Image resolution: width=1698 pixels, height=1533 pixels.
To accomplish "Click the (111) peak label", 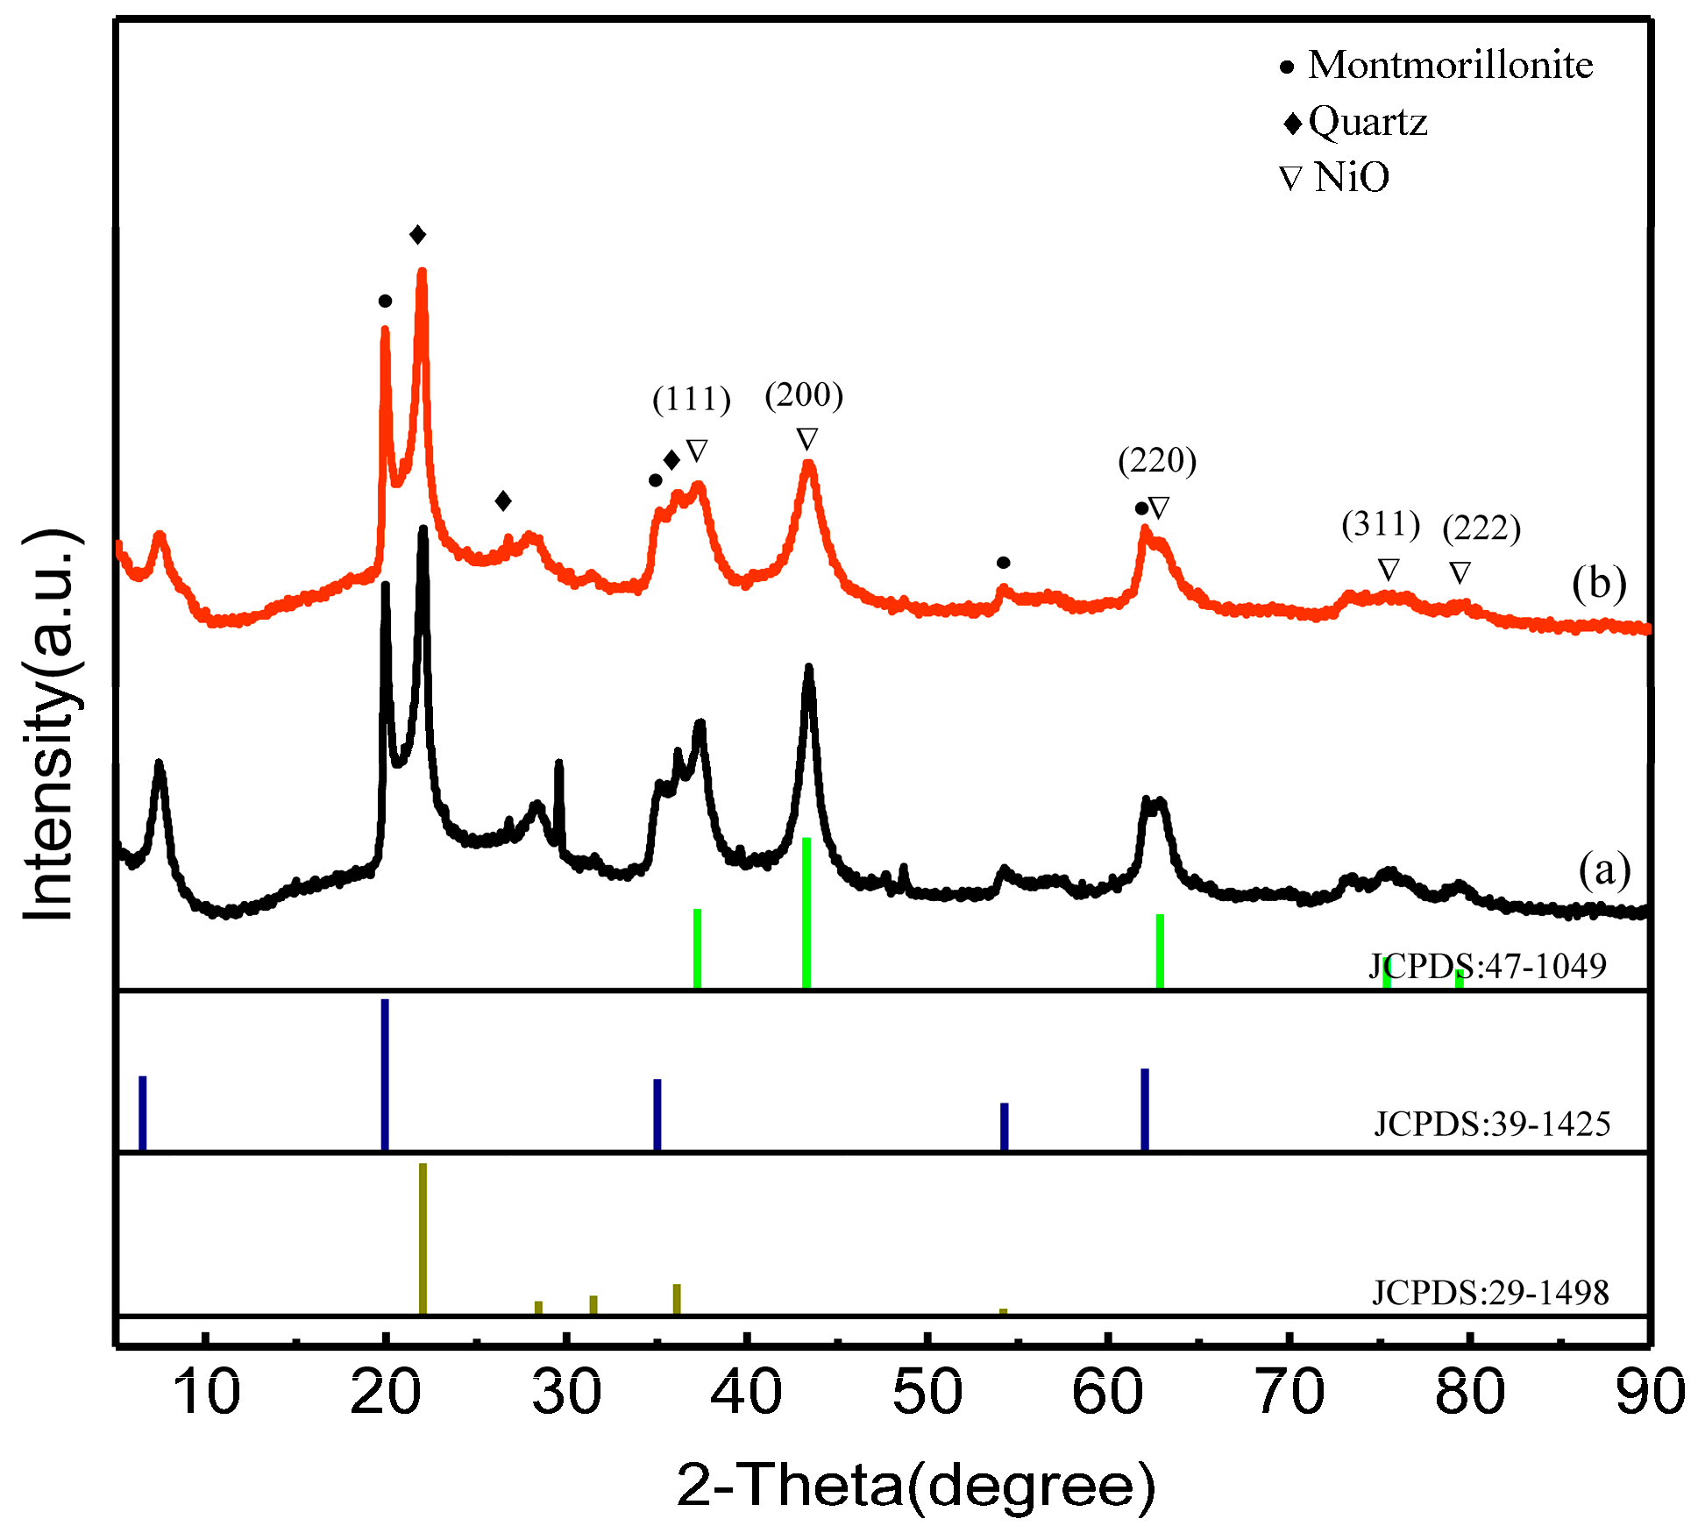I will click(x=692, y=400).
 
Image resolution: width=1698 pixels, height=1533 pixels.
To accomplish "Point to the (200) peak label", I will click(x=804, y=395).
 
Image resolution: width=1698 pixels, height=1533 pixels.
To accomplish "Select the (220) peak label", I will click(x=1157, y=460).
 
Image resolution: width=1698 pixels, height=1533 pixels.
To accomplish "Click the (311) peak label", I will click(x=1381, y=524).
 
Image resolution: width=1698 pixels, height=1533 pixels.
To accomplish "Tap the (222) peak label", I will click(x=1481, y=529).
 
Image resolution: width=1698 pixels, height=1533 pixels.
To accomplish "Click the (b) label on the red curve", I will click(x=1599, y=584).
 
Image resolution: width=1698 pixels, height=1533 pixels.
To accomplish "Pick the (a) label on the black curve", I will click(x=1604, y=870).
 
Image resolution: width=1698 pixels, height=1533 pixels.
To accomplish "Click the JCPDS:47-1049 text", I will click(x=1488, y=966).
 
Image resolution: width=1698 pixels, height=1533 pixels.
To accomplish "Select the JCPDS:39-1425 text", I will click(x=1492, y=1124).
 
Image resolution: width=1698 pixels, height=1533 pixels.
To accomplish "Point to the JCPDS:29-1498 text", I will click(x=1490, y=1293).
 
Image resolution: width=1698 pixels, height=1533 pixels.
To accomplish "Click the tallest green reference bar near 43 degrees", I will click(x=806, y=912).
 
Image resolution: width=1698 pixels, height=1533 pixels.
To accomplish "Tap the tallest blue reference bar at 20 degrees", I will click(x=385, y=1074).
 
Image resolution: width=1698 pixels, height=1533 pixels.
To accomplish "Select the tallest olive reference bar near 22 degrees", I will click(x=423, y=1238).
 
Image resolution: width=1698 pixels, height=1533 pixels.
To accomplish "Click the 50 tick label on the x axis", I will click(x=927, y=1394).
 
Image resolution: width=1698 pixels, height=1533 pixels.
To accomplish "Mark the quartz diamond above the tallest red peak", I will click(x=418, y=235).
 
